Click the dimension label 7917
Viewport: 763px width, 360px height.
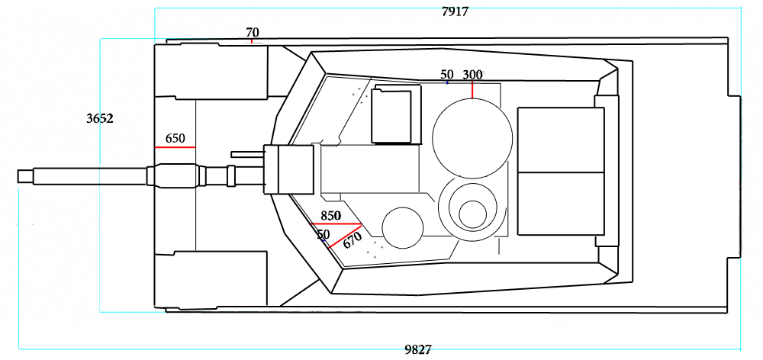[x=455, y=11]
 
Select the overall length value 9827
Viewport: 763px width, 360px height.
[x=418, y=350]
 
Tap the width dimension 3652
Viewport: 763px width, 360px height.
[x=100, y=118]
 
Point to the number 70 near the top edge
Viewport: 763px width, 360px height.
[x=252, y=33]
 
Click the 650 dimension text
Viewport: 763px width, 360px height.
[x=175, y=139]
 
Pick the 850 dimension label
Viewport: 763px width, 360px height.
[x=331, y=216]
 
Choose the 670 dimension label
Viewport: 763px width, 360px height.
[x=353, y=239]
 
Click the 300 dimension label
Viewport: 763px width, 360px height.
[x=472, y=75]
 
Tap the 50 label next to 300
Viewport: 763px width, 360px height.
[x=446, y=75]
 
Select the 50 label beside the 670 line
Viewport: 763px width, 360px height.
[x=323, y=235]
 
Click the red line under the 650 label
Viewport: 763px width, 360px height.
[x=175, y=147]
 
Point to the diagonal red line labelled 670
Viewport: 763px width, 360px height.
[x=345, y=236]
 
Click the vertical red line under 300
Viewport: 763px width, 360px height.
[x=472, y=90]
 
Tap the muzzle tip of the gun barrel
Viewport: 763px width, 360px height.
[x=18, y=176]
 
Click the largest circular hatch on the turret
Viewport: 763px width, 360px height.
[x=472, y=138]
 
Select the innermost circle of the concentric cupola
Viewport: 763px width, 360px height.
[x=472, y=214]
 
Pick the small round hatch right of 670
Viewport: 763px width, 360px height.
[x=402, y=228]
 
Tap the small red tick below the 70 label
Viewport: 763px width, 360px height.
[x=252, y=41]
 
